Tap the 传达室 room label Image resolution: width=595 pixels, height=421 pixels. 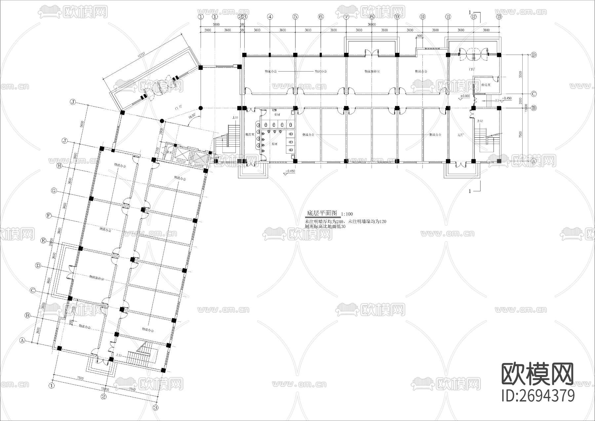[486, 85]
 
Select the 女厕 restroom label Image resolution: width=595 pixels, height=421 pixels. [277, 115]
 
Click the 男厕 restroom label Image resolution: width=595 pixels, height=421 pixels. [274, 144]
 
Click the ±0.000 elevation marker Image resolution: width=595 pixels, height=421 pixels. [465, 96]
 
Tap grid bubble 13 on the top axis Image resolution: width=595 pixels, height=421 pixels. [499, 16]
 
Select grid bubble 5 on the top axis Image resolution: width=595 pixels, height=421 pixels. [296, 16]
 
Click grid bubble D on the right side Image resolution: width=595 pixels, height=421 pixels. [534, 55]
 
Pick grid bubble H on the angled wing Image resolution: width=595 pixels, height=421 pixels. [59, 166]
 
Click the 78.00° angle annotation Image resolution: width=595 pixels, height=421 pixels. [192, 117]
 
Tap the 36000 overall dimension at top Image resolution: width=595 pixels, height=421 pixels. [372, 24]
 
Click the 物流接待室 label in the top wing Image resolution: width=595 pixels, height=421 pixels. [372, 71]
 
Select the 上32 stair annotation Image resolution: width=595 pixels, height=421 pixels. [480, 121]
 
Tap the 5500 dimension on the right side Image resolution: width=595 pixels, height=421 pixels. [520, 74]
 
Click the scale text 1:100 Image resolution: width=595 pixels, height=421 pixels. [347, 214]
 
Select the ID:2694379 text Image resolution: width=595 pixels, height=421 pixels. [538, 396]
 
